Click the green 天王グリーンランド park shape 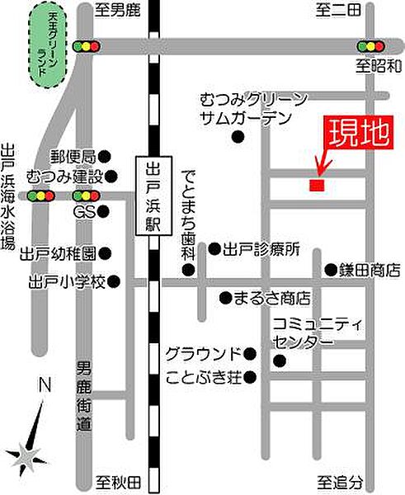pyautogui.click(x=47, y=46)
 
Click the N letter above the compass pyautogui.click(x=45, y=384)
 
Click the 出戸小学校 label pyautogui.click(x=68, y=281)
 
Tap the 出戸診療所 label pyautogui.click(x=260, y=247)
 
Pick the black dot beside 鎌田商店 pyautogui.click(x=330, y=269)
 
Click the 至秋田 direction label pyautogui.click(x=114, y=481)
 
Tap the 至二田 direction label pyautogui.click(x=339, y=11)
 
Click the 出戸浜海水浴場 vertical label pyautogui.click(x=9, y=197)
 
